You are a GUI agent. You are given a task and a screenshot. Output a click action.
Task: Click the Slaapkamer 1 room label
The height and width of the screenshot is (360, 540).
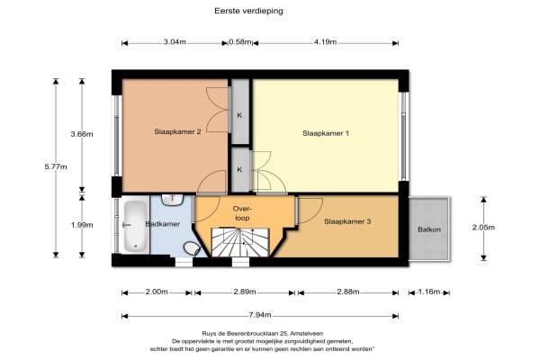coord(326,133)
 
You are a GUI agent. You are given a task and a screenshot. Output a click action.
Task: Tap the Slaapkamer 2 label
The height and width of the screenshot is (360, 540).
coord(177,131)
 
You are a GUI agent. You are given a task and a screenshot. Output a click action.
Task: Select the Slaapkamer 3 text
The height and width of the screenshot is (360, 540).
coord(347,221)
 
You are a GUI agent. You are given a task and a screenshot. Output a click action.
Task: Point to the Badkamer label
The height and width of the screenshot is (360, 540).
coord(163,224)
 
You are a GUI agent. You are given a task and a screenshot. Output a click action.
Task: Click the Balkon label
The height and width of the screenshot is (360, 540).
coord(429,229)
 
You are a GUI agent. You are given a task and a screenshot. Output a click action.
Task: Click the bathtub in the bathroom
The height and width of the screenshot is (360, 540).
coord(135,226)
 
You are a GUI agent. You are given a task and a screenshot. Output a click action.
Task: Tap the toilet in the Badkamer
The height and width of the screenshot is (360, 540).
coord(192,248)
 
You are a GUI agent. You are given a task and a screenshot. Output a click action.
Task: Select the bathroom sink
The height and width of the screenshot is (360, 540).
coord(173,200)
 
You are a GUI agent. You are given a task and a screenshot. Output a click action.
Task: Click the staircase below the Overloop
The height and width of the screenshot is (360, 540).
coord(240,242)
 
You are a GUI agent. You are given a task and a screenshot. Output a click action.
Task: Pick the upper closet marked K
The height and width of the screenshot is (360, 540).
coord(240,112)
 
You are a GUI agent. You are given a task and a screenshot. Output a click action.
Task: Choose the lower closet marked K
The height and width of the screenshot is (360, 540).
coord(240,169)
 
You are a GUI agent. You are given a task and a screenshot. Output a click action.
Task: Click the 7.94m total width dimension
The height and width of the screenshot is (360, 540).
coord(260,315)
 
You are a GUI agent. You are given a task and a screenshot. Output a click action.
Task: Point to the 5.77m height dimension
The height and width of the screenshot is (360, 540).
coord(56,167)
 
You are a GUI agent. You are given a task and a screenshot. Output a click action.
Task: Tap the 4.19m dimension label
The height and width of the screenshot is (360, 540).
coord(325,42)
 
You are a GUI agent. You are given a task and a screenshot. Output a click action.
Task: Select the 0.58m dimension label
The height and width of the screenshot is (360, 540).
coord(240,42)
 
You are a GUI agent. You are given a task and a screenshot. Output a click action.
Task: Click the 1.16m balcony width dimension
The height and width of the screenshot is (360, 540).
coord(429,292)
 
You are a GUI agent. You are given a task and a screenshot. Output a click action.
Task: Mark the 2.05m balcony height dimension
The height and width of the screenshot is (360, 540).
coord(483,228)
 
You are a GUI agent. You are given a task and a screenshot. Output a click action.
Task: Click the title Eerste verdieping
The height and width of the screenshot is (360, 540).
coord(248,11)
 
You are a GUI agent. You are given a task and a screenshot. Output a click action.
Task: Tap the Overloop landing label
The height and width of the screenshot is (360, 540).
coord(242,213)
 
